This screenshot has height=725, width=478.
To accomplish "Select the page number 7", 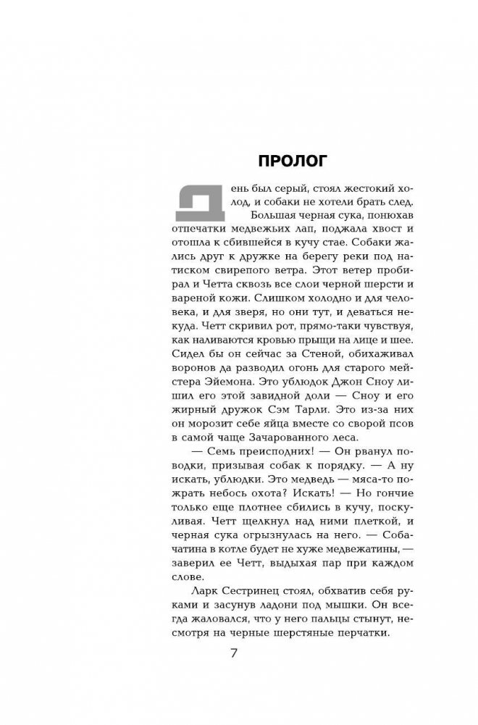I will coord(233,653).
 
